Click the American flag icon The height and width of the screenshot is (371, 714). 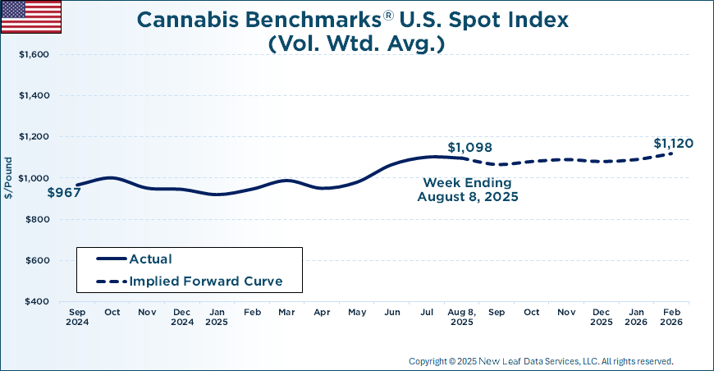30,16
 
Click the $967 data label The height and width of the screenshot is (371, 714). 64,194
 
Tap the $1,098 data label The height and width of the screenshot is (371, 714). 469,148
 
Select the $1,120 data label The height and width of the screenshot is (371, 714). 673,144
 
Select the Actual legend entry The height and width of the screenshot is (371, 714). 150,259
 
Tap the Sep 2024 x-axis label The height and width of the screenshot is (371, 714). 78,318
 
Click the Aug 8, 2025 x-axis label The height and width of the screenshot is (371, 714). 462,318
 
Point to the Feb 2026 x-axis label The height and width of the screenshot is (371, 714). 671,318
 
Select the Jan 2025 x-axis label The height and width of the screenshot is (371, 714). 217,318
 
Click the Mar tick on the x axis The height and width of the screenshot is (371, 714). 286,313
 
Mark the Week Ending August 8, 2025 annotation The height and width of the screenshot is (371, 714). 467,190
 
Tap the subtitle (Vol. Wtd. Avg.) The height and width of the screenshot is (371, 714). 356,44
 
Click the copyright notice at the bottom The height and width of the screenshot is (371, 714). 540,361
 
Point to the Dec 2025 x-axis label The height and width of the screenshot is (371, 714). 601,318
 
